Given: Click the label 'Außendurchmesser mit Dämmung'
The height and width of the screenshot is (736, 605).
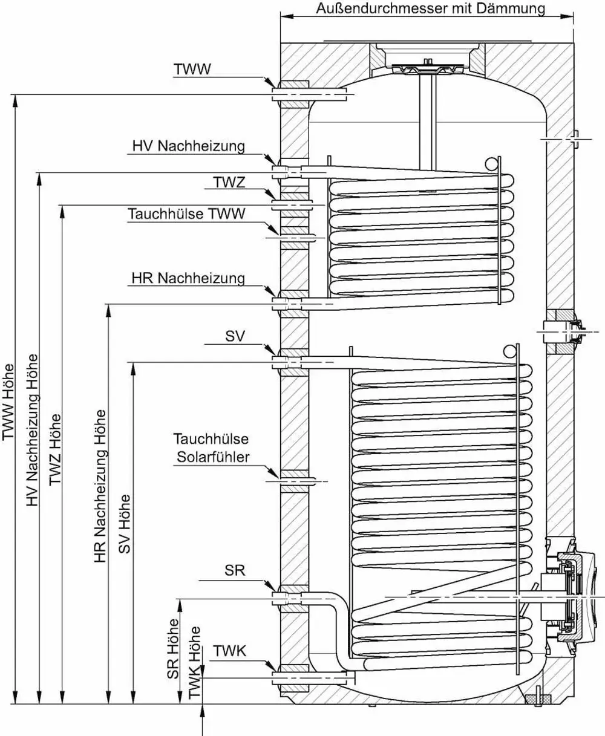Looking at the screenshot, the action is click(430, 8).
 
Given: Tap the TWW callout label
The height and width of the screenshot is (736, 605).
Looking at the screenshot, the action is click(192, 69).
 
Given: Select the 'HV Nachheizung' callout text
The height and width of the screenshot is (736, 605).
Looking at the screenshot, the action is click(189, 146).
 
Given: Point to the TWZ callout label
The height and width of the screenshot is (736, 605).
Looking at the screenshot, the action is click(229, 182).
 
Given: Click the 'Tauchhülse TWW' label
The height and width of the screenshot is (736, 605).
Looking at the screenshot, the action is click(186, 213).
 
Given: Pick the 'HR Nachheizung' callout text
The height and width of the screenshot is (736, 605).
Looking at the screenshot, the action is click(188, 278).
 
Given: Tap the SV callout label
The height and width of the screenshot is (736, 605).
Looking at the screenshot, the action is click(235, 336).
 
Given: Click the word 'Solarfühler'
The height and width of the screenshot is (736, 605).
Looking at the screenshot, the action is click(213, 457).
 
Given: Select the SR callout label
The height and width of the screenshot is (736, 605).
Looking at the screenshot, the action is click(235, 570).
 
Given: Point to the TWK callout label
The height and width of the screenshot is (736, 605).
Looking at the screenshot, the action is click(229, 651).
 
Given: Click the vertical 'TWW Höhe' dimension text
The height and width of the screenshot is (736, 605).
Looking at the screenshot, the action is click(8, 402).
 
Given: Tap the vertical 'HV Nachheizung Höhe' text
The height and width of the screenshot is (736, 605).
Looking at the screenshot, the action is click(33, 430).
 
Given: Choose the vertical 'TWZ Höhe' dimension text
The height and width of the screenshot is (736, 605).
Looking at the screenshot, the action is click(55, 450).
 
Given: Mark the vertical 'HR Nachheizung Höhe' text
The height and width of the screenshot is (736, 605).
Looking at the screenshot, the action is click(100, 486).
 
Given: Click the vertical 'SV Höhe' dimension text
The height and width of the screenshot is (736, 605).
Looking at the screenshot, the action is click(124, 524).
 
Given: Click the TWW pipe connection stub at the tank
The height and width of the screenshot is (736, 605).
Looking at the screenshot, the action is click(309, 94).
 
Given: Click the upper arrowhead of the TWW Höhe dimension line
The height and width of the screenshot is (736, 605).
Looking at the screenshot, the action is click(15, 101).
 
